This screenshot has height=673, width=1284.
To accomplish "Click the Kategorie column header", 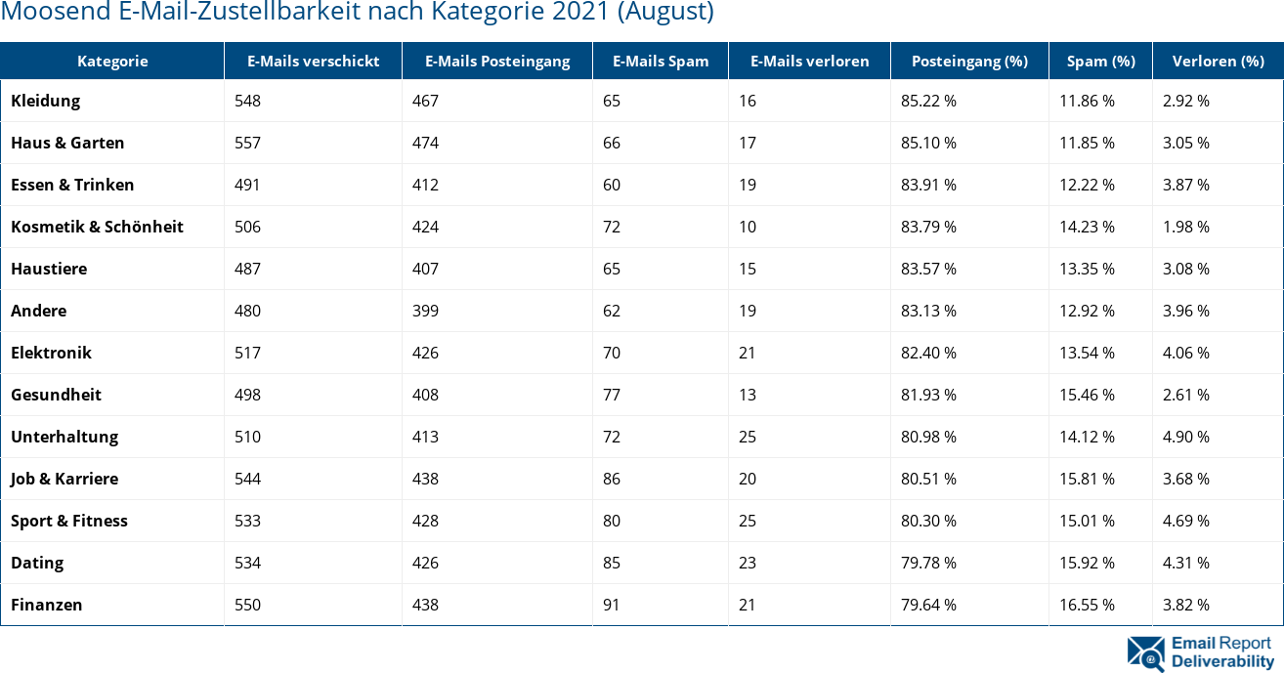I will point(112,61).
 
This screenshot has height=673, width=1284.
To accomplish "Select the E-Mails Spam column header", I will point(661,61).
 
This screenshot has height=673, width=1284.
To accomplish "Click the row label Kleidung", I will point(46,101).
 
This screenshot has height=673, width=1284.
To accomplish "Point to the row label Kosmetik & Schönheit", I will point(97,227).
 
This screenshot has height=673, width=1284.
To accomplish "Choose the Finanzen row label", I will point(47,605).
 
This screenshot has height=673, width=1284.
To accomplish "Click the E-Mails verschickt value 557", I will point(248,143).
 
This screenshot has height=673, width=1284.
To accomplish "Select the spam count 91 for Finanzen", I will point(612,605).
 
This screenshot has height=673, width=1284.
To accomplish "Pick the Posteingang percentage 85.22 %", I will point(928,101).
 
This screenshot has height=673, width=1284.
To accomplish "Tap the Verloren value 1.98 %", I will point(1185,227).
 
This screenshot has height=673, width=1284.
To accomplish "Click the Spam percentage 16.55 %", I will point(1087,605).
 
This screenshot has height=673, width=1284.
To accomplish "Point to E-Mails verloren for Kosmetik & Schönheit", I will point(748,227).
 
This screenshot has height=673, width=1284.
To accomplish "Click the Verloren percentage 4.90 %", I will point(1185,437).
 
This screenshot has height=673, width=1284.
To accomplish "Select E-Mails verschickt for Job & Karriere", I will point(248,479).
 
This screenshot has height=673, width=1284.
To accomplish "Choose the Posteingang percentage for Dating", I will point(928,563).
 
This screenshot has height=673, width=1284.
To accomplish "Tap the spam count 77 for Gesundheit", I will point(612,395).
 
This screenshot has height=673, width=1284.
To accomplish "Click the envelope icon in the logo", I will point(1145,652).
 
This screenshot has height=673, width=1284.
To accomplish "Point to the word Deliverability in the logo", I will point(1222,661).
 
